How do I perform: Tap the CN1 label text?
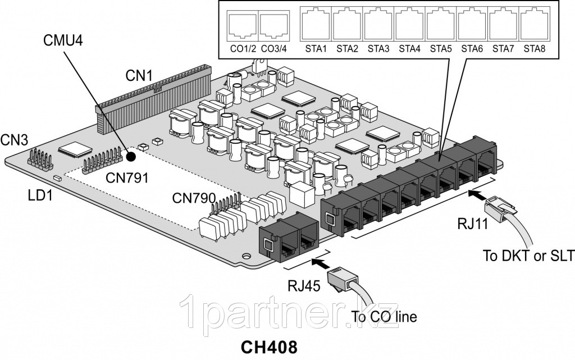[139, 74]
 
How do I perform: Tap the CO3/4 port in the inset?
[275, 25]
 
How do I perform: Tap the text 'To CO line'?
[384, 317]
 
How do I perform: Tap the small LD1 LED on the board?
[57, 178]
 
